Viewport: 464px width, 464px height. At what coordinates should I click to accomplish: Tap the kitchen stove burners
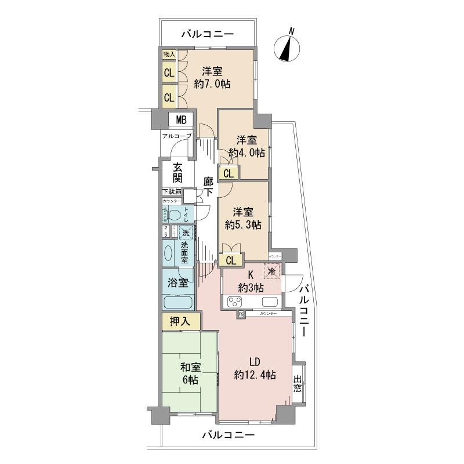[235, 302]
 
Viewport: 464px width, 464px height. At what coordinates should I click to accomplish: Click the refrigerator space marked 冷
[271, 270]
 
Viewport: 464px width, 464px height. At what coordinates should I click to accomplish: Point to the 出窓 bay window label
[298, 385]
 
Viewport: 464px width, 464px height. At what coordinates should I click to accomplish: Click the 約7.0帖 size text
[212, 84]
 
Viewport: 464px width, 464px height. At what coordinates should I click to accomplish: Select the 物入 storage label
[169, 54]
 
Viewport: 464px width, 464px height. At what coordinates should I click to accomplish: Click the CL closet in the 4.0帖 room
[229, 173]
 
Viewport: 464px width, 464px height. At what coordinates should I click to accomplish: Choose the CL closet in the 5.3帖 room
[231, 260]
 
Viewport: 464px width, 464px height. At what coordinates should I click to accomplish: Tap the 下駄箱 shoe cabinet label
[171, 191]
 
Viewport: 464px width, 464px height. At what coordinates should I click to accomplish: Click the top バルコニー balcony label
[207, 35]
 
